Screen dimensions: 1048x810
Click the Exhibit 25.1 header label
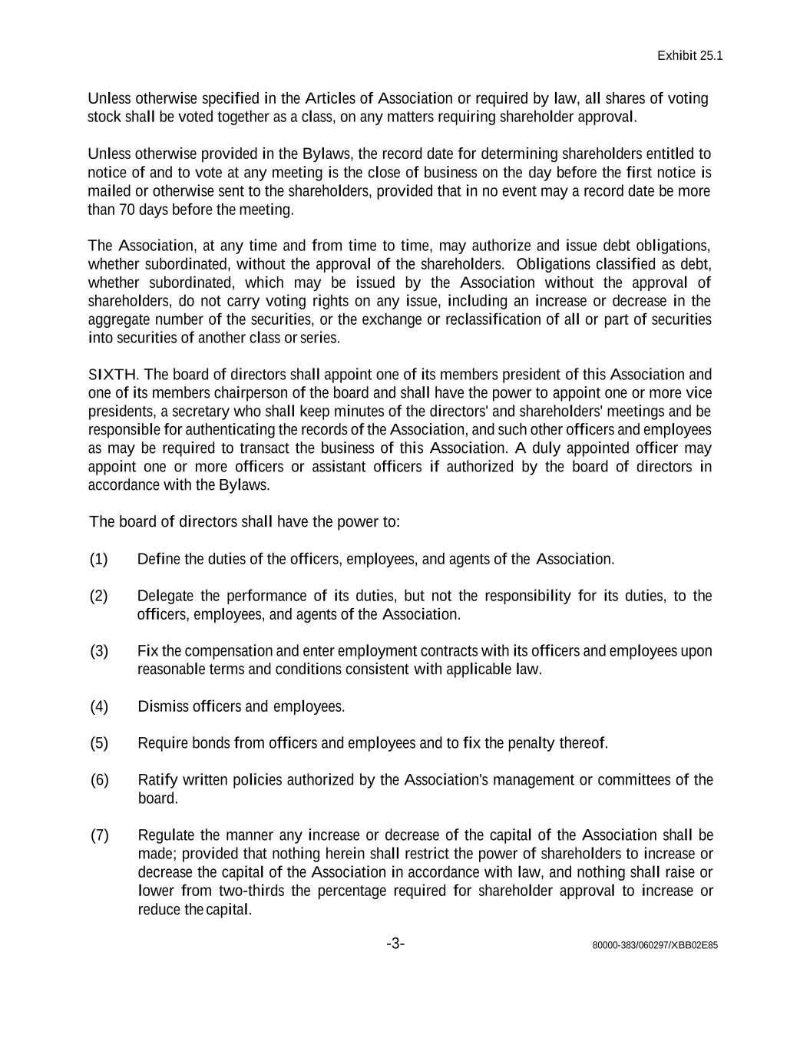pyautogui.click(x=689, y=56)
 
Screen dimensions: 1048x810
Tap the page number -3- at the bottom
pyautogui.click(x=395, y=944)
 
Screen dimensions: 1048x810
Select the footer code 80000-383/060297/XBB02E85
pyautogui.click(x=655, y=945)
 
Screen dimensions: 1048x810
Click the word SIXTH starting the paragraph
pyautogui.click(x=113, y=375)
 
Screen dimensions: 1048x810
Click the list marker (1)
pyautogui.click(x=99, y=559)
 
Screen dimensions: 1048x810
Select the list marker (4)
pyautogui.click(x=99, y=706)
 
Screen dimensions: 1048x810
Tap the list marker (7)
pyautogui.click(x=99, y=835)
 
